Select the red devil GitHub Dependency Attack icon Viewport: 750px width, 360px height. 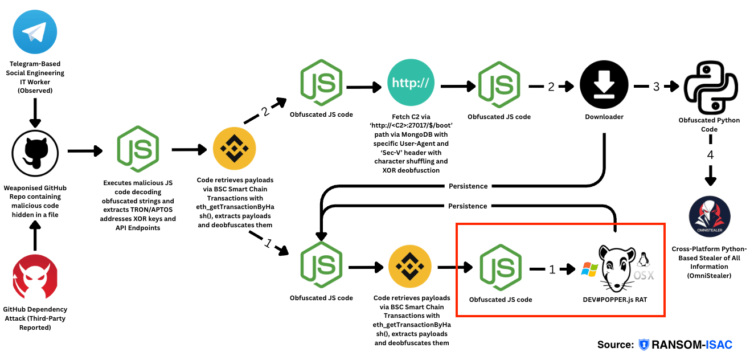pos(35,277)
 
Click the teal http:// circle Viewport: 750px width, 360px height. pos(411,84)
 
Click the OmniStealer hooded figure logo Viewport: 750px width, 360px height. pos(710,218)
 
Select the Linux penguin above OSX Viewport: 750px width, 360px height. pos(645,260)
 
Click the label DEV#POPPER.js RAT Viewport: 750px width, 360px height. pos(614,300)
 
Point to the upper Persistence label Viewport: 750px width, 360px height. pos(468,186)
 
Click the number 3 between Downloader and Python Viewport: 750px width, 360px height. pos(656,87)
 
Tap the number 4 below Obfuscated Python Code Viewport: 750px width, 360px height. pos(710,155)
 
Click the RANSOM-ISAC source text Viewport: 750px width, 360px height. pos(691,344)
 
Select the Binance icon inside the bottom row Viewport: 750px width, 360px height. pos(411,268)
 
